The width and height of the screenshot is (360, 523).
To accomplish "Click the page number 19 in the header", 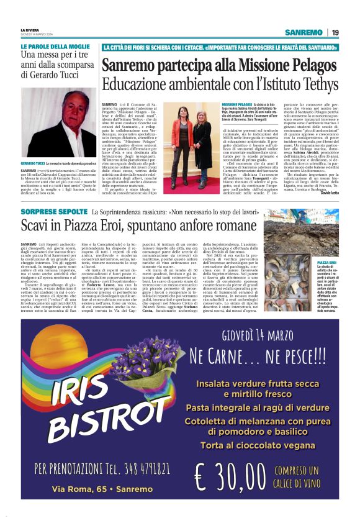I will [335, 32].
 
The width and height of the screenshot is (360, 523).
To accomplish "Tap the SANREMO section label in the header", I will [304, 32].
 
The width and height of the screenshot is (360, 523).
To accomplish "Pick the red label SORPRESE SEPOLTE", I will [53, 214].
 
